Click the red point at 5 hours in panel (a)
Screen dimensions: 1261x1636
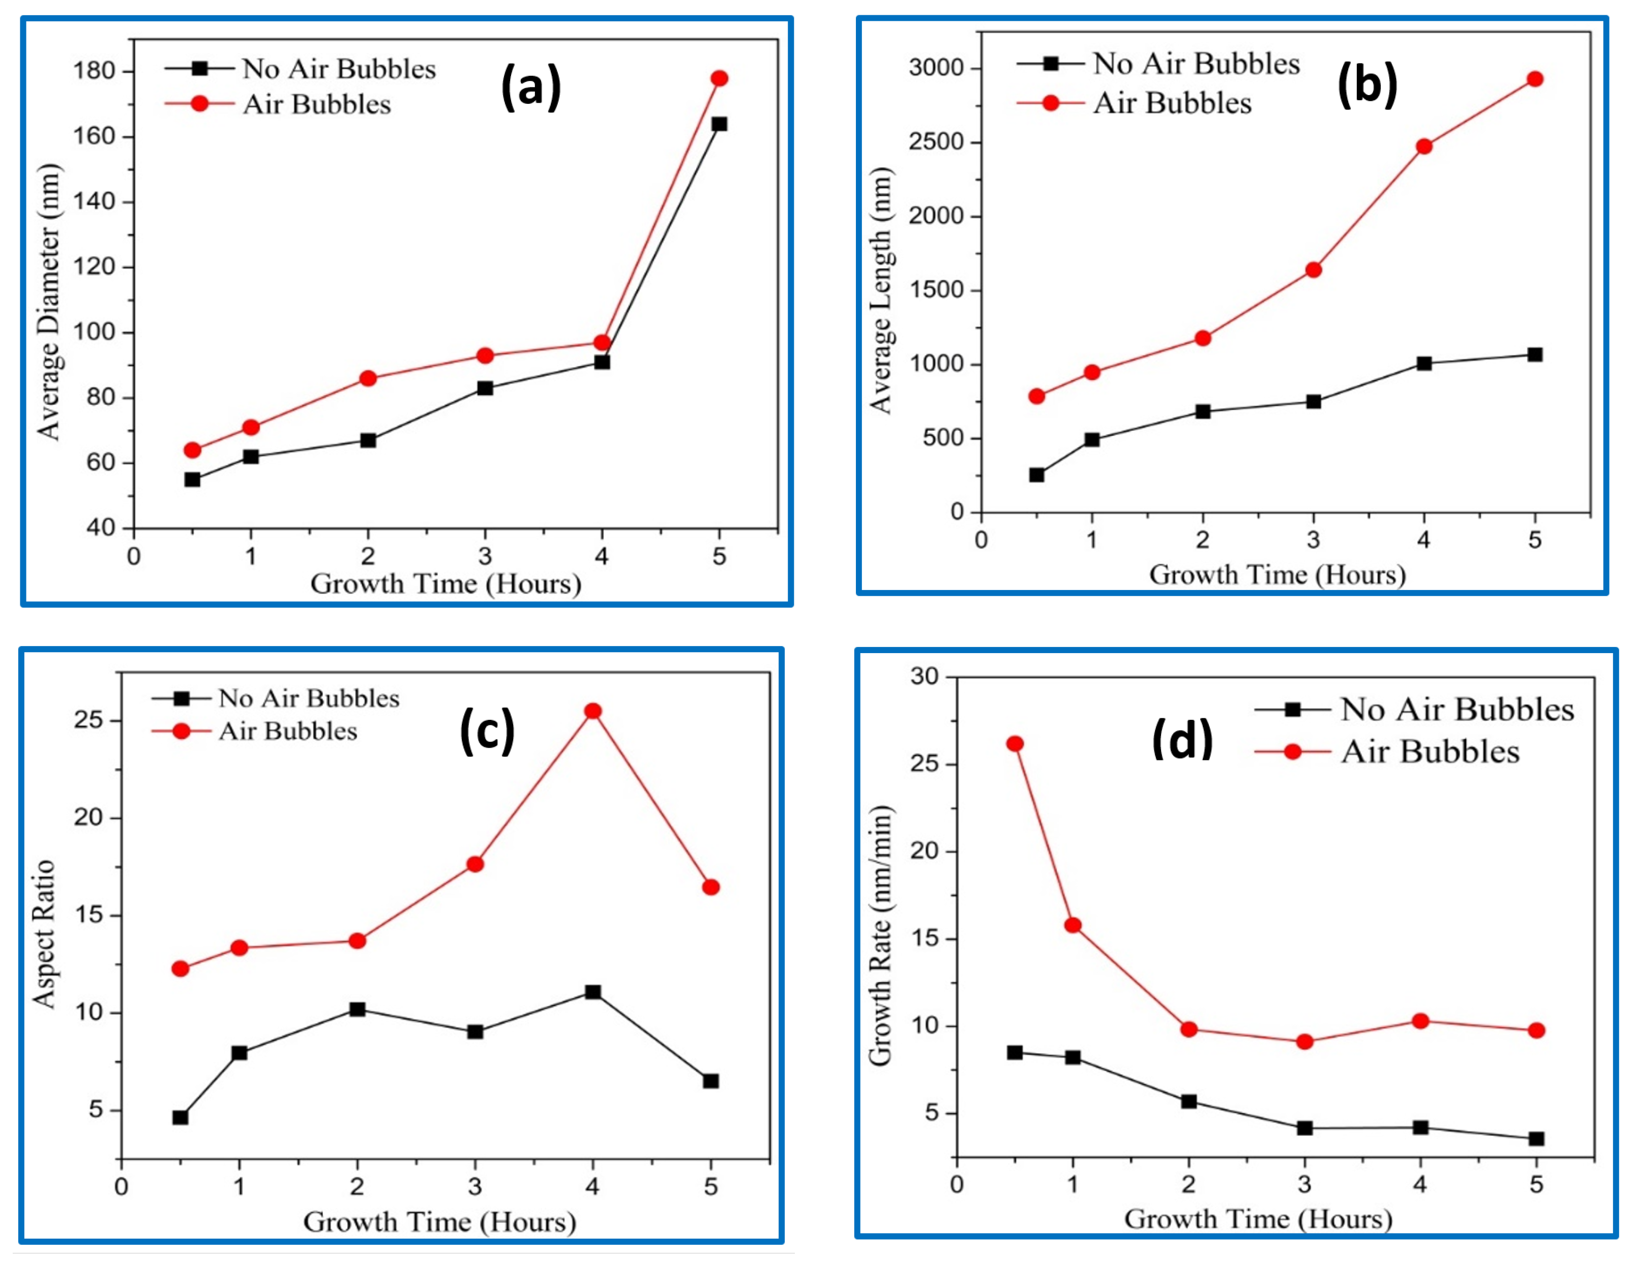coord(719,79)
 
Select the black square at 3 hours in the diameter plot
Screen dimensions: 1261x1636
coord(485,388)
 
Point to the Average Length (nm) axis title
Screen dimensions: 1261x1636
coord(881,291)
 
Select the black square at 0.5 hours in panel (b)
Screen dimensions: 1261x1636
coord(1037,475)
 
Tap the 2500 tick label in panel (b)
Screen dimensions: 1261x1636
coord(936,142)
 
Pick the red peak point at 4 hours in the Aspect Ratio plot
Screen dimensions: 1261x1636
coord(592,711)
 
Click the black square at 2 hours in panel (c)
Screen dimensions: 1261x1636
coord(358,1009)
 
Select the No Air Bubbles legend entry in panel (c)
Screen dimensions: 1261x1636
coord(308,699)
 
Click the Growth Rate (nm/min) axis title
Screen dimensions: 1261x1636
coord(881,936)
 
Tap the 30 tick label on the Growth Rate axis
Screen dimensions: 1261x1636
coord(924,677)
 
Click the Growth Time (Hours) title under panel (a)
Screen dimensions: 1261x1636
coord(445,583)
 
